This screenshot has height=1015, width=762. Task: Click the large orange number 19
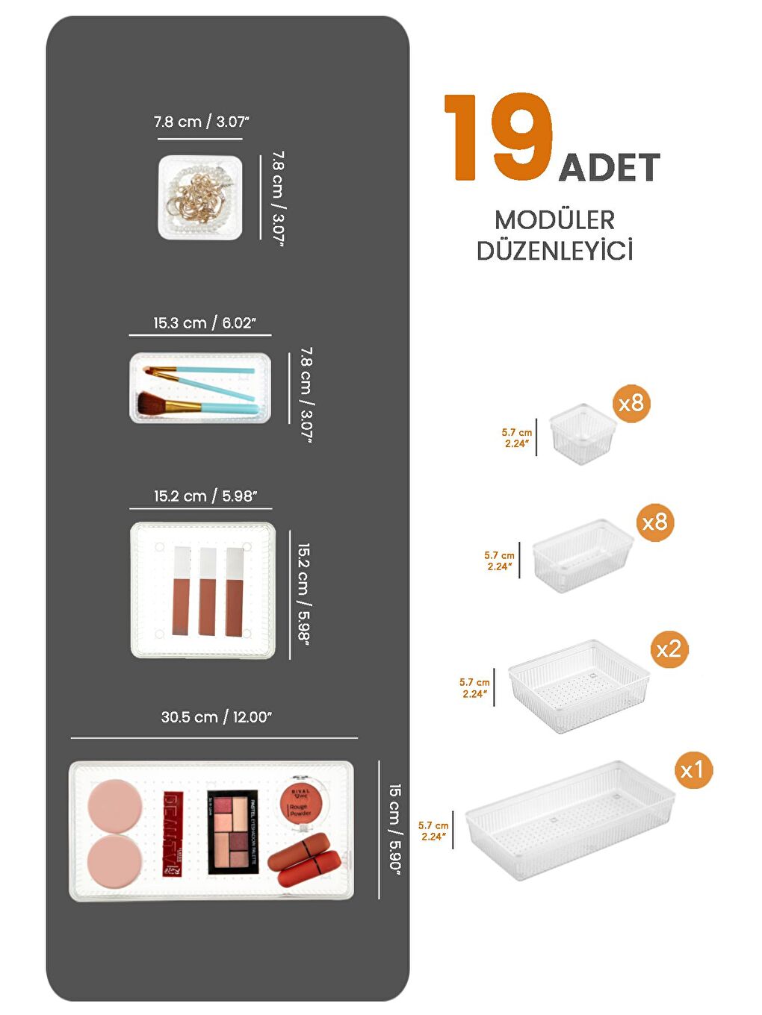(x=499, y=137)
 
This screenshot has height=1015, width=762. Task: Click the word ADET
(x=610, y=168)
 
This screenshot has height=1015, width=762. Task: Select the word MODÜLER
(x=554, y=220)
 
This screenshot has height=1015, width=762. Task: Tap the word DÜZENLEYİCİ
(x=554, y=251)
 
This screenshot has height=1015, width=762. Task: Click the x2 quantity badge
(x=668, y=649)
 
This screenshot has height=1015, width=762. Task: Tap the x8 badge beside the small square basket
(x=631, y=404)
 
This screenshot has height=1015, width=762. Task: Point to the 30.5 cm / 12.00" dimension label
(x=217, y=717)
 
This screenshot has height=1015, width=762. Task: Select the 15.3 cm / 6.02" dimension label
(x=205, y=323)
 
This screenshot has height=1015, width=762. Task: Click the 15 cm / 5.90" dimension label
(x=395, y=829)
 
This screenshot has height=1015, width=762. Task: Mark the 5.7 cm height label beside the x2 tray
(x=474, y=688)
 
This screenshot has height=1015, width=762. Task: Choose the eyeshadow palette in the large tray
(x=232, y=831)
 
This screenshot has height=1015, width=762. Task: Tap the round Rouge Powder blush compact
(x=306, y=803)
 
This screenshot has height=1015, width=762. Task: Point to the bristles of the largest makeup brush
(x=154, y=405)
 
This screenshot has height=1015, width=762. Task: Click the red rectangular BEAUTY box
(x=173, y=834)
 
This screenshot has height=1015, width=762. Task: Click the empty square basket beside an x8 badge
(x=582, y=434)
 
